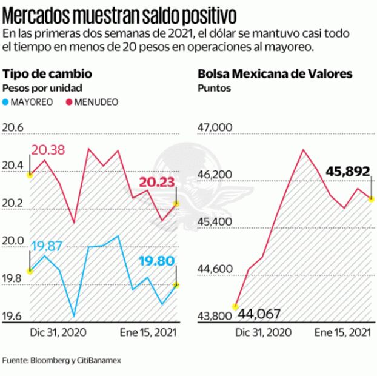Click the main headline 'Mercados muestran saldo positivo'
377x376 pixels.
(119, 13)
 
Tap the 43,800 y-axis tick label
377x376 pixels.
(213, 316)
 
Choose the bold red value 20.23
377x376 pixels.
(157, 182)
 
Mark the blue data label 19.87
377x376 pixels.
(47, 246)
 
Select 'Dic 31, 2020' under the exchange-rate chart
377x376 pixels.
(58, 332)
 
